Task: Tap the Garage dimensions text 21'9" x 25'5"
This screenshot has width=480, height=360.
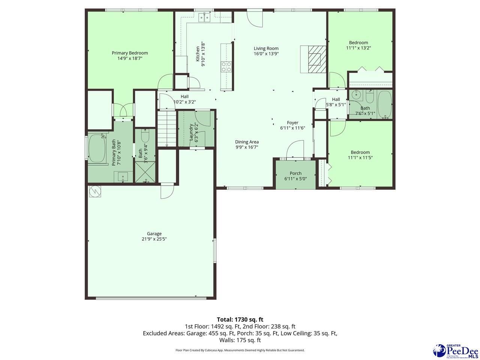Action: coord(154,239)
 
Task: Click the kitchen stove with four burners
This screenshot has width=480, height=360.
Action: coord(226,66)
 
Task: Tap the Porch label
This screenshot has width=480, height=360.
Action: coord(295,173)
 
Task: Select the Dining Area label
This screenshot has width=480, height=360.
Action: coord(247,142)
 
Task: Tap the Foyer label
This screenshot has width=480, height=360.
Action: coord(292,123)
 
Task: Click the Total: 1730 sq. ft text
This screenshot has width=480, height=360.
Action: coord(240,319)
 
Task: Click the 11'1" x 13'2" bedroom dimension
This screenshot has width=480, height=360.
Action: coord(358,48)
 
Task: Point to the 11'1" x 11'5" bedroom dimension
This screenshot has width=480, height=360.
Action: coord(360,157)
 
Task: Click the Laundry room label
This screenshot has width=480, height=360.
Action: coord(191,132)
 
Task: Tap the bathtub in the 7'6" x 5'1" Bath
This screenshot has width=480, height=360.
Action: coord(384,104)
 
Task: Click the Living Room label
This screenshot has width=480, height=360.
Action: coord(266,48)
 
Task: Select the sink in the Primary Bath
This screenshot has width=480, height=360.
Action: coord(123,177)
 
